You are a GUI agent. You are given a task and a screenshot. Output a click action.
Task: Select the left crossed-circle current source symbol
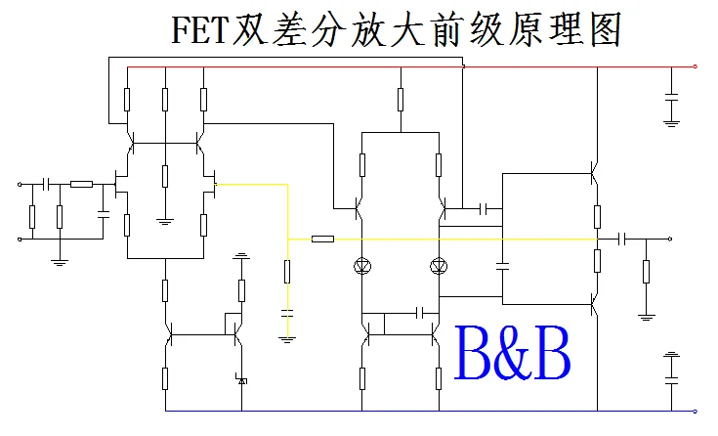click(361, 265)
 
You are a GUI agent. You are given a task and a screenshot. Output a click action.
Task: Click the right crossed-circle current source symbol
click(438, 265)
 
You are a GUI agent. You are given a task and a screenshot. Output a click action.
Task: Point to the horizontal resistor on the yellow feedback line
click(322, 239)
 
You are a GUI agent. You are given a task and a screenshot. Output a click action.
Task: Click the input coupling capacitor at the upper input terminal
click(46, 183)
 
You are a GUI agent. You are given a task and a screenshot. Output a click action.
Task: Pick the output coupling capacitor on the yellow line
click(622, 239)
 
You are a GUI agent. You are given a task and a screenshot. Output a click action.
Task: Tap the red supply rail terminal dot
click(695, 67)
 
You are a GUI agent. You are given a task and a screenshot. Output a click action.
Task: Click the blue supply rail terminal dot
click(695, 412)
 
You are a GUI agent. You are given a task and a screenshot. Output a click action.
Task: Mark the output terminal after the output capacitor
click(669, 239)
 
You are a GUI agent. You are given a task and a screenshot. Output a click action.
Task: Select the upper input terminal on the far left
click(19, 183)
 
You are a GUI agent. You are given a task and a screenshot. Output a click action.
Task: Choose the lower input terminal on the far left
click(19, 238)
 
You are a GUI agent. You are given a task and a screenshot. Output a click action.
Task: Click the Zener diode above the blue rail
click(241, 378)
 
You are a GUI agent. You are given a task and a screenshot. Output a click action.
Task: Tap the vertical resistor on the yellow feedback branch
click(287, 271)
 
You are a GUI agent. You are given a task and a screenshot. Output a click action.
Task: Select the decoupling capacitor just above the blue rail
click(671, 369)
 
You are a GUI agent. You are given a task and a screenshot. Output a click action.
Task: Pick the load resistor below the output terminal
click(646, 271)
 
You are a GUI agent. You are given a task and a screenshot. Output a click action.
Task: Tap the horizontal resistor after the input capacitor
click(82, 183)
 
